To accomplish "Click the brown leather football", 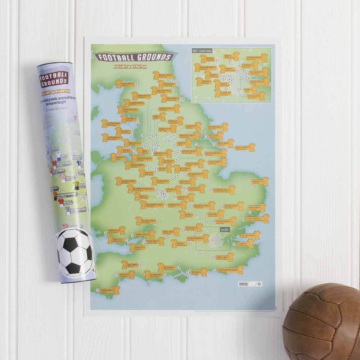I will point(321,321).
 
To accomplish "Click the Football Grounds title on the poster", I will point(134,57).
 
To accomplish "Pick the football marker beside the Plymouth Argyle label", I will point(97,290).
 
